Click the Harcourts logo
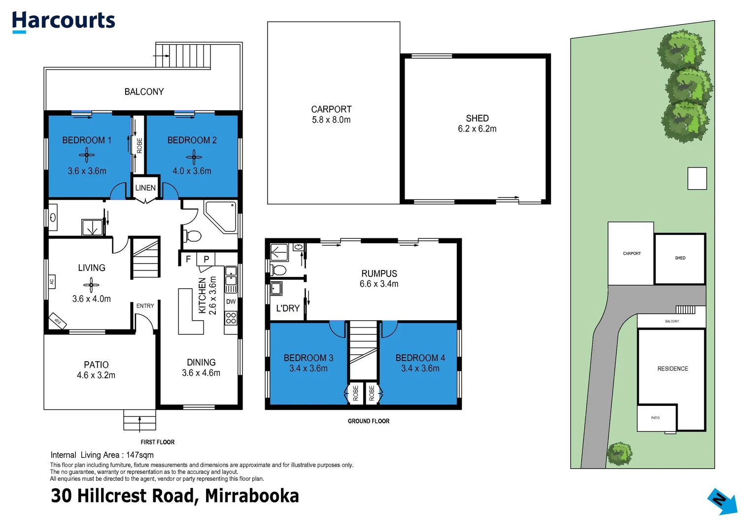pos(63,22)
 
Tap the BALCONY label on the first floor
pos(144,92)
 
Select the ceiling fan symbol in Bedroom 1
pos(87,156)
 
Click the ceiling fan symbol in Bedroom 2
pos(194,158)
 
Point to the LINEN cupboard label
pos(145,188)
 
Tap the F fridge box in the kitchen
pos(188,259)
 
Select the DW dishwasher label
pos(231,301)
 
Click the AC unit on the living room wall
pos(51,282)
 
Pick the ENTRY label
pos(145,306)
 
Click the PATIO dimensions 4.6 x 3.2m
pos(96,375)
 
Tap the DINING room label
pos(201,362)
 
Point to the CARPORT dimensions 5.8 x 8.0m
pos(331,120)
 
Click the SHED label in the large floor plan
pos(477,118)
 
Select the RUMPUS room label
pos(379,273)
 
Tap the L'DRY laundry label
pos(288,308)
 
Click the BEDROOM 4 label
pos(420,358)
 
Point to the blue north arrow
pos(722,501)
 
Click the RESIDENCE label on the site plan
pos(673,368)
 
